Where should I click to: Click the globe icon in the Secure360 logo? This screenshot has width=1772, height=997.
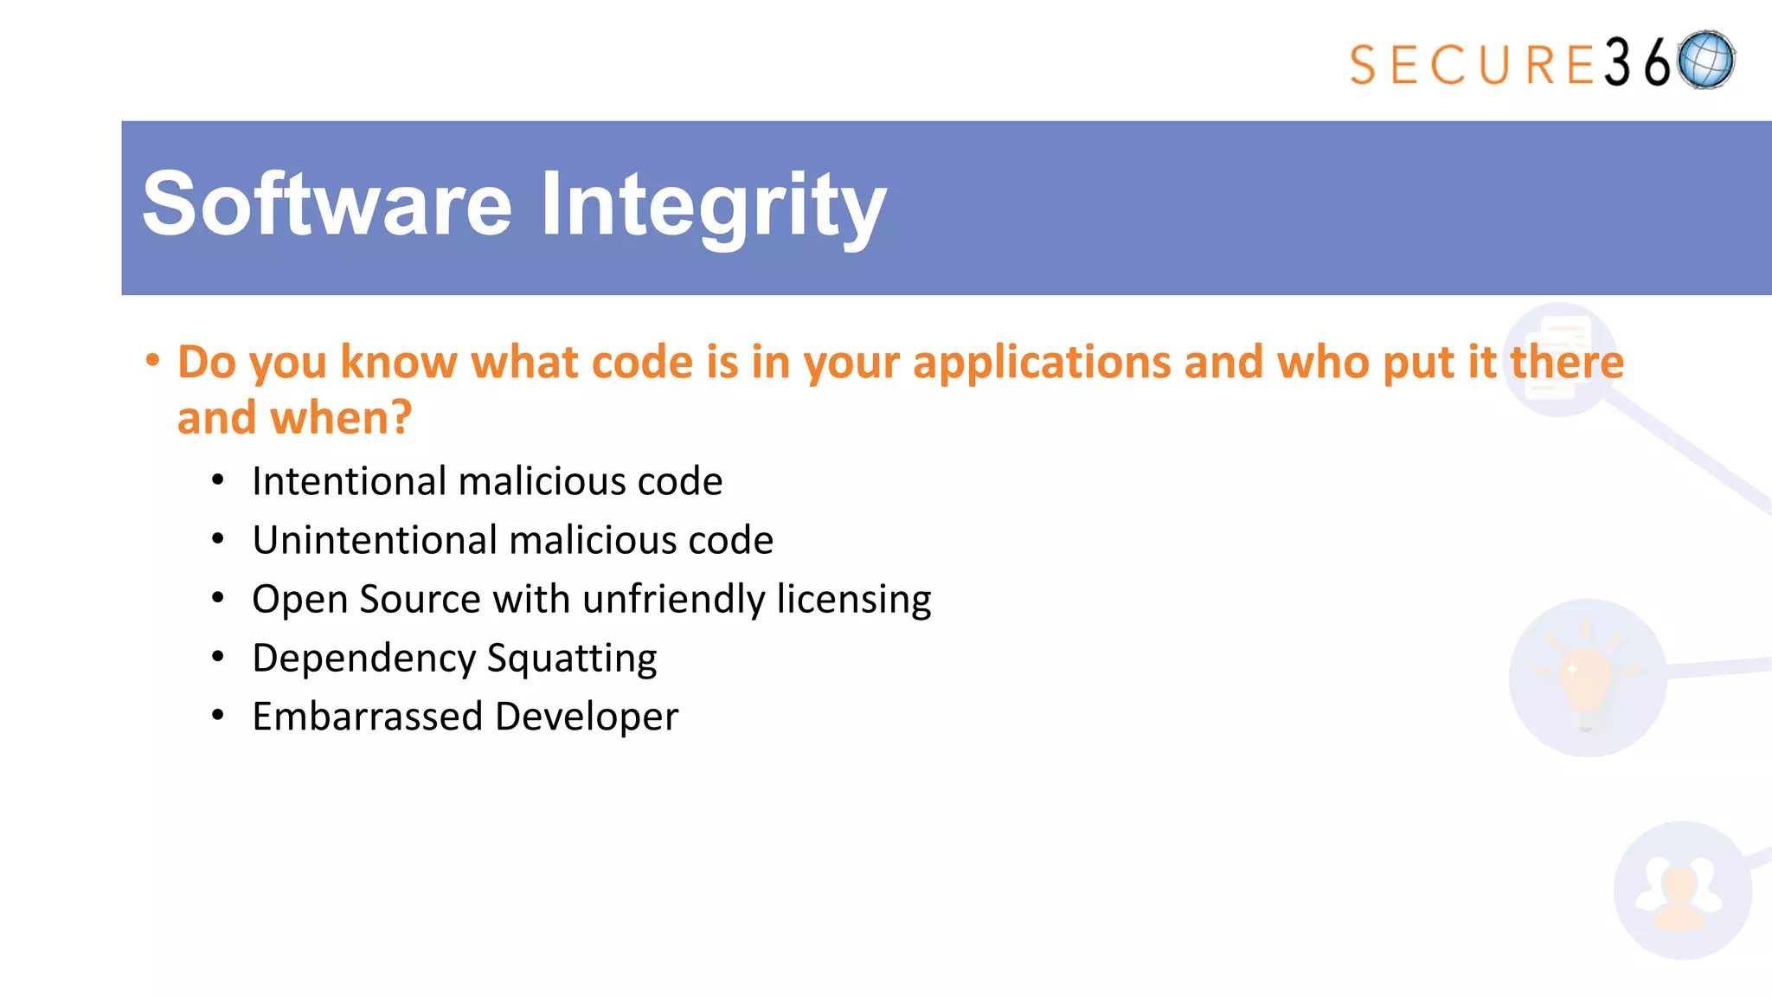pos(1705,61)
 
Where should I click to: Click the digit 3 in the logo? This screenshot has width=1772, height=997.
pos(1618,62)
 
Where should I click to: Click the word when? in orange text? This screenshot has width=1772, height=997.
pos(341,418)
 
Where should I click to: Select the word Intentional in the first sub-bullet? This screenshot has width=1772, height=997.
pos(349,481)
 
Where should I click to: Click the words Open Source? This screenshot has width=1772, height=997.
pos(366,599)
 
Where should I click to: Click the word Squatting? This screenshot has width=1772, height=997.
pos(572,659)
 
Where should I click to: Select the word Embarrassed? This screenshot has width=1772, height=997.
pos(367,717)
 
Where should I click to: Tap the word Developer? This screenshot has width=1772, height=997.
pos(587,717)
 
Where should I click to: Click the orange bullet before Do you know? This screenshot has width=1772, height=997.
pos(152,360)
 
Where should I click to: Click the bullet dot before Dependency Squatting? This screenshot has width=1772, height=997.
pos(218,658)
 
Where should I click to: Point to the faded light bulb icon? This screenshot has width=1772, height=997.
pos(1587,678)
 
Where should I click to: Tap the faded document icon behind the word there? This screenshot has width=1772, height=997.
pos(1559,358)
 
